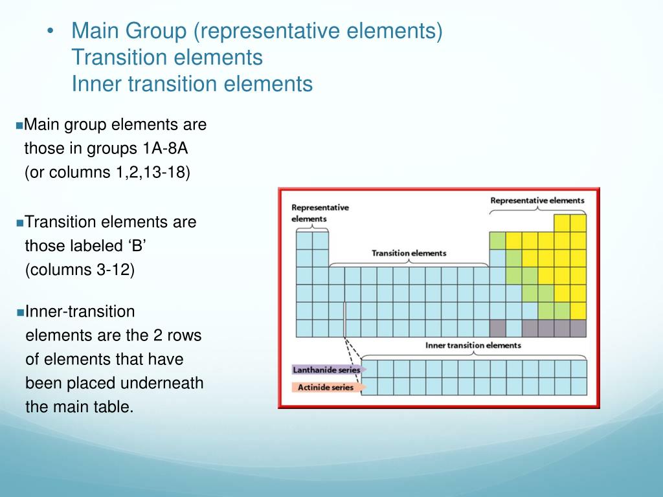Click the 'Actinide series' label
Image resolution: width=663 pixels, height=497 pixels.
click(x=323, y=387)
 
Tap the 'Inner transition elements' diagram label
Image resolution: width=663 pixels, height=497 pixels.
click(x=473, y=346)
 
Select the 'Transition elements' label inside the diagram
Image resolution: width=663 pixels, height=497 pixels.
click(x=409, y=253)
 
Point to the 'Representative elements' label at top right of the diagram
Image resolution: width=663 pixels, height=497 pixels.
click(x=537, y=201)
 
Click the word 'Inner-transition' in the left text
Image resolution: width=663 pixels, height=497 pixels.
click(x=80, y=312)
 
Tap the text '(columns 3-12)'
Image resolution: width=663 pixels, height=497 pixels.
click(x=80, y=270)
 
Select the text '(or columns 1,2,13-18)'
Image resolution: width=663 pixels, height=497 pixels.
click(x=107, y=173)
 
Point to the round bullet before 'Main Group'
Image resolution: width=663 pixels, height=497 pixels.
click(x=52, y=31)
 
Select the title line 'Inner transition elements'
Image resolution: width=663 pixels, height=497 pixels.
click(x=192, y=84)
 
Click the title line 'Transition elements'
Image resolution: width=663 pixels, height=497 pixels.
click(x=167, y=58)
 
